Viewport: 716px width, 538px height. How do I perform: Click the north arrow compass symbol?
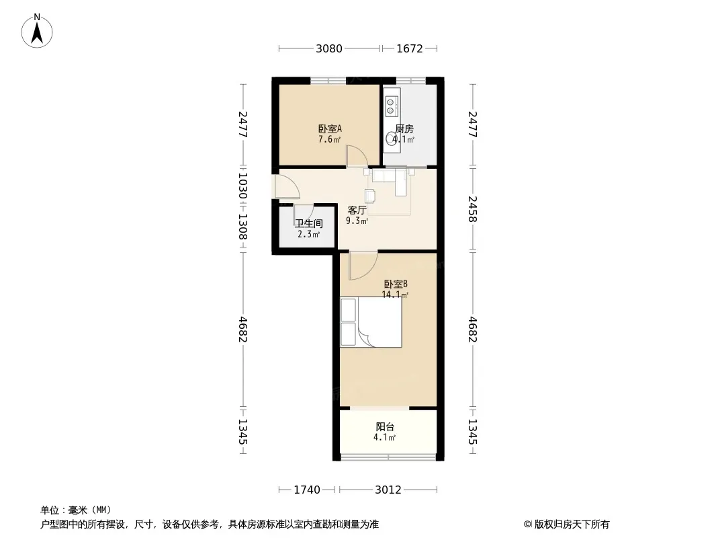point(37,31)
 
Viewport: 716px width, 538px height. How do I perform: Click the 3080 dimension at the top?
point(328,48)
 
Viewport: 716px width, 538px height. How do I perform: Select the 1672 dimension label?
point(410,48)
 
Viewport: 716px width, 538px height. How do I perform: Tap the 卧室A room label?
point(330,129)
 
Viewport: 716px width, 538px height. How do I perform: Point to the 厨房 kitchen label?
point(404,129)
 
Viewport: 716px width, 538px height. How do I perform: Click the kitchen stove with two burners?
point(390,106)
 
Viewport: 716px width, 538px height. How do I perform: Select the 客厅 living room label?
point(357,210)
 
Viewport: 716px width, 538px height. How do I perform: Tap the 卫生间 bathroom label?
point(309,223)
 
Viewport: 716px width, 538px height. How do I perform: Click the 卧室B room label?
point(396,284)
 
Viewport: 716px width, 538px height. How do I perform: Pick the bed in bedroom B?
point(371,322)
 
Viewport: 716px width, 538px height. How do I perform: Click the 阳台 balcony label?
point(385,427)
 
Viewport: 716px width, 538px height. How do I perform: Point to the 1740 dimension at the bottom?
point(307,490)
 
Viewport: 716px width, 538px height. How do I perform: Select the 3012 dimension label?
point(388,490)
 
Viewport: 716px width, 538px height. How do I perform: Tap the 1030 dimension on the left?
point(242,186)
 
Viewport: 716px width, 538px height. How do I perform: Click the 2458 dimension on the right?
point(473,209)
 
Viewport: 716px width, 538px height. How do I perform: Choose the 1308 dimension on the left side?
point(242,227)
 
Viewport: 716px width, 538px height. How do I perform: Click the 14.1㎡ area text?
point(395,295)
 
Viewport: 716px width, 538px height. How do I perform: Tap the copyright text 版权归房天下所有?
point(572,525)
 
